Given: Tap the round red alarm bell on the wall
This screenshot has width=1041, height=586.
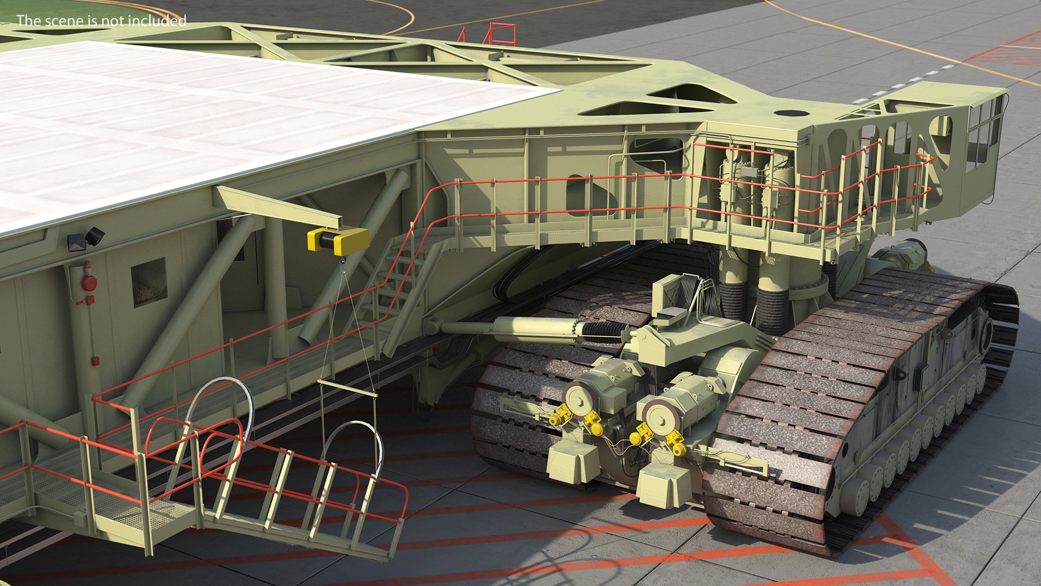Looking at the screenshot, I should [89, 282].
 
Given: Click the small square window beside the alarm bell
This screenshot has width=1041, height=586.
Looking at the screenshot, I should [149, 282].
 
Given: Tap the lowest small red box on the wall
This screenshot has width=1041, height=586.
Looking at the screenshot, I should [95, 361].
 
